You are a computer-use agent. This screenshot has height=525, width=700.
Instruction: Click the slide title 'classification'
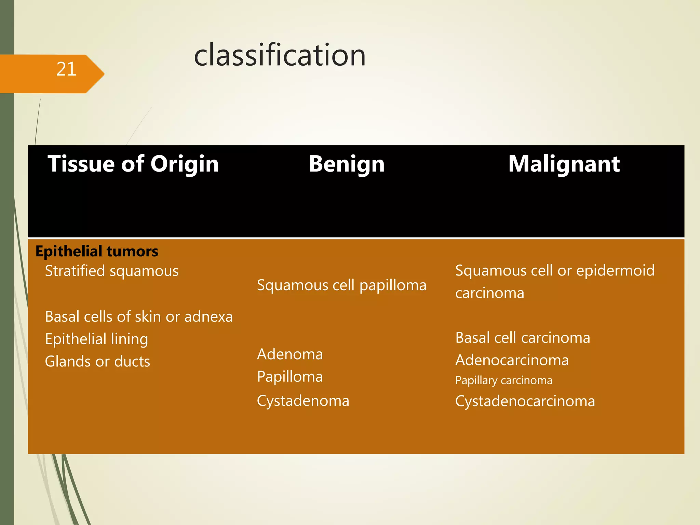280,55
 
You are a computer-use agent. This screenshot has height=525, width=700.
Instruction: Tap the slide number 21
66,69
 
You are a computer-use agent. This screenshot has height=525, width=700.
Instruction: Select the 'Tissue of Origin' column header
133,164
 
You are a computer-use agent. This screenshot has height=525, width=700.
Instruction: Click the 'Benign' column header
347,164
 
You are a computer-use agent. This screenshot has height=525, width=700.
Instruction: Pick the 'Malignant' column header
564,164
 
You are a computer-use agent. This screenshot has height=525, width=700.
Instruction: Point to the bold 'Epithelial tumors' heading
97,251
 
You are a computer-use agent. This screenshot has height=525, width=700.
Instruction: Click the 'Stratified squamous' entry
112,271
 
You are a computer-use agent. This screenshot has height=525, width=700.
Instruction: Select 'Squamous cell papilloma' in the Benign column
341,285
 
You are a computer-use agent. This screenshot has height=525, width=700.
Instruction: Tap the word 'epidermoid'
615,270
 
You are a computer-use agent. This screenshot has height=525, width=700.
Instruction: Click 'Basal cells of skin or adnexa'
139,317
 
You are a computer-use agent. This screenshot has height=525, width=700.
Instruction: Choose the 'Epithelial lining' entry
97,339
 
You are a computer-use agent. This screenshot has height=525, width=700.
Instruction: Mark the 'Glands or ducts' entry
97,361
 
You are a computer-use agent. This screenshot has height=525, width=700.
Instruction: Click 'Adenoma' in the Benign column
290,354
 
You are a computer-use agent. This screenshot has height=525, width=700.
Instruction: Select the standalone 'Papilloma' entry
290,377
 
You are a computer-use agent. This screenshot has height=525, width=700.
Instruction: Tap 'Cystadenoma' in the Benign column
303,401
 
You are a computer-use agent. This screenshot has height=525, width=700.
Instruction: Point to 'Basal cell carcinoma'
523,338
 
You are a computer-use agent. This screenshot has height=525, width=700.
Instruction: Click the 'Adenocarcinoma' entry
512,360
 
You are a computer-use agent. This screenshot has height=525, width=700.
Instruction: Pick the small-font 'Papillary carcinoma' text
503,380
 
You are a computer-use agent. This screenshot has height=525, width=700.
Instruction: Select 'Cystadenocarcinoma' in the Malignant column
525,401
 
